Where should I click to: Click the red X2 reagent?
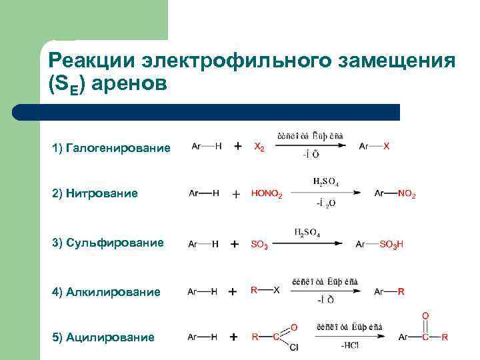[x=259, y=147]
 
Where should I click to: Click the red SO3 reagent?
[x=259, y=245]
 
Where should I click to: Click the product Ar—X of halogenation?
[x=374, y=146]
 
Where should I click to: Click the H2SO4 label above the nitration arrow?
[x=325, y=181]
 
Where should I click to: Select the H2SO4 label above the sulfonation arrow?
[x=307, y=233]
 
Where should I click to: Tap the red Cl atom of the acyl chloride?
[x=294, y=347]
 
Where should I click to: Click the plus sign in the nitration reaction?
[x=235, y=194]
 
